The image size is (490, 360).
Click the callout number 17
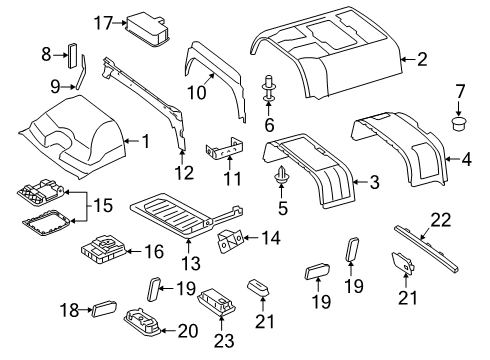click(103, 23)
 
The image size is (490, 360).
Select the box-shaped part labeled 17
click(146, 28)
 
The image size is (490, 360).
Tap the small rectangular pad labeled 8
click(72, 56)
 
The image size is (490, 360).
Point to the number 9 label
click(55, 87)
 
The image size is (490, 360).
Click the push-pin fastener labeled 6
click(268, 88)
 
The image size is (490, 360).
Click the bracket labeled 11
click(225, 149)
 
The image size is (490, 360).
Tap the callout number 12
click(184, 173)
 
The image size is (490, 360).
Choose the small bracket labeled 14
click(231, 240)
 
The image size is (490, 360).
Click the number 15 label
click(102, 205)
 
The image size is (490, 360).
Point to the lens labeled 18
click(104, 308)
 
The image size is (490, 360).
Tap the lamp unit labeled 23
click(219, 301)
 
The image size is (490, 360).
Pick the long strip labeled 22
click(426, 249)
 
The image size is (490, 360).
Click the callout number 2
click(422, 59)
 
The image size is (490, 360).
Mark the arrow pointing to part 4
click(452, 159)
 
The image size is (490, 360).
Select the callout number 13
click(191, 263)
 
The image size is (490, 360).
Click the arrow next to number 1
click(131, 141)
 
